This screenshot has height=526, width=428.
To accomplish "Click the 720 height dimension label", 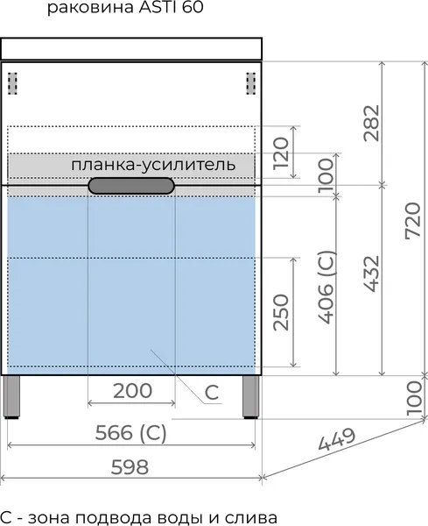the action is pyautogui.click(x=412, y=220).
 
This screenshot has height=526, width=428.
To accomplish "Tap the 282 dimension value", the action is pyautogui.click(x=372, y=123).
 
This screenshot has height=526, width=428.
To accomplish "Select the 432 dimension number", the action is pyautogui.click(x=372, y=274).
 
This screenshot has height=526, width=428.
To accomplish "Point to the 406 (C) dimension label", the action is pyautogui.click(x=326, y=288).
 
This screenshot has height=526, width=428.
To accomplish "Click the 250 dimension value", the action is pyautogui.click(x=281, y=312).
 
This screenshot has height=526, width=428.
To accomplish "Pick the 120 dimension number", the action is pyautogui.click(x=281, y=153).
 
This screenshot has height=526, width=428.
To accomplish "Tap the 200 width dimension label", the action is pyautogui.click(x=133, y=391).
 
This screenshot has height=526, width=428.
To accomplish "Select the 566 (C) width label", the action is pyautogui.click(x=131, y=433).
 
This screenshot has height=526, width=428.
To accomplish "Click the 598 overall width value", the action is pyautogui.click(x=130, y=467).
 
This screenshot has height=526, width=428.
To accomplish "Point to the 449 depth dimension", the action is pyautogui.click(x=337, y=440).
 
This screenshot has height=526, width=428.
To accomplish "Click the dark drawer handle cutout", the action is pyautogui.click(x=131, y=186).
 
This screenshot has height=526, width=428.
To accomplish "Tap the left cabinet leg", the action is pyautogui.click(x=11, y=397).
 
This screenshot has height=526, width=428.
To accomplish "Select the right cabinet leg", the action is pyautogui.click(x=251, y=397).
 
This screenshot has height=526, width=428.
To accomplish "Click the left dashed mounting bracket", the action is pyautogui.click(x=13, y=83).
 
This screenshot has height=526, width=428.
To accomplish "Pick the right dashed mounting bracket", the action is pyautogui.click(x=251, y=83).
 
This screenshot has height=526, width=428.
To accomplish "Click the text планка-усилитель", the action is pyautogui.click(x=153, y=165).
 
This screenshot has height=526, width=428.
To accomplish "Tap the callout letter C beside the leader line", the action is pyautogui.click(x=212, y=392).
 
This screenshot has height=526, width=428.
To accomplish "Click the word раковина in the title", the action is pyautogui.click(x=90, y=8).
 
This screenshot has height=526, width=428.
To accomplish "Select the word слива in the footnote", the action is pyautogui.click(x=251, y=517).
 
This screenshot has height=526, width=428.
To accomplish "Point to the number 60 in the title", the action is pyautogui.click(x=193, y=7).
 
